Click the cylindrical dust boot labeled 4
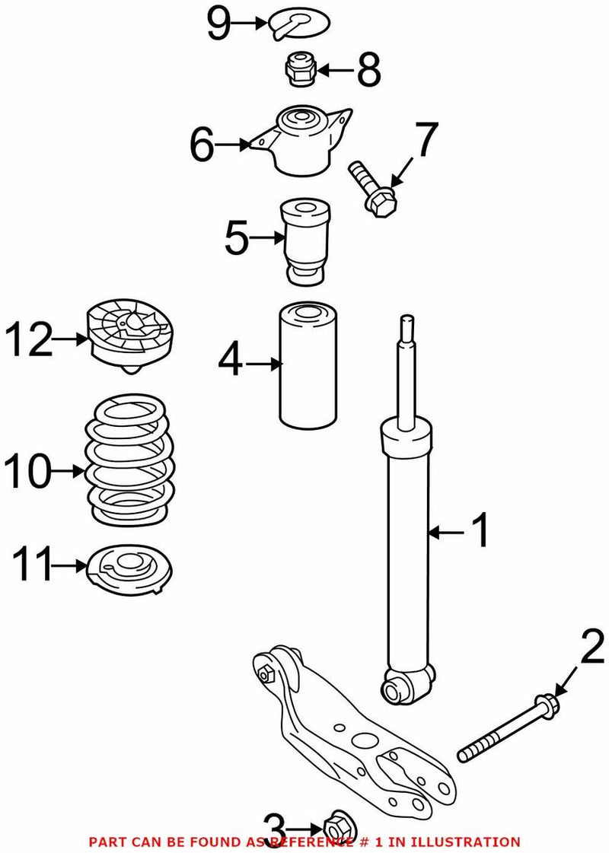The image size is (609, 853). point(308,364)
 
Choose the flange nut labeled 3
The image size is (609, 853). point(335,826)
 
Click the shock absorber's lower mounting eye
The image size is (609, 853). point(396,689)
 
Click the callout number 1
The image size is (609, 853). point(481,531)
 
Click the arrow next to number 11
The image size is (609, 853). point(70,565)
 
